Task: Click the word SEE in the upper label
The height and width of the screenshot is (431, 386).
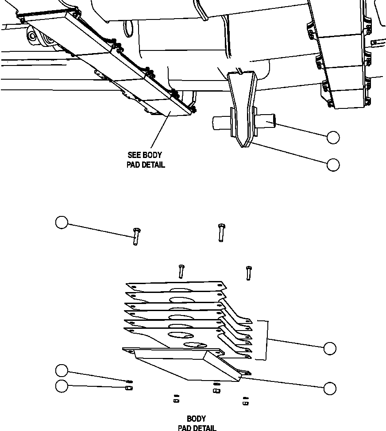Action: [x=133, y=155]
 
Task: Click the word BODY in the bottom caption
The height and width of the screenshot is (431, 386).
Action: [x=196, y=419]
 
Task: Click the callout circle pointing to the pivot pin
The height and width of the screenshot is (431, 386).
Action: [x=333, y=138]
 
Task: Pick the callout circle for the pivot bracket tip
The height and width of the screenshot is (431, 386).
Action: [x=333, y=165]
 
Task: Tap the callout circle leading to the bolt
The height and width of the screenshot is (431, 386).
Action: [x=62, y=222]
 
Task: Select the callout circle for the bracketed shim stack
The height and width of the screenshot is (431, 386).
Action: [x=330, y=348]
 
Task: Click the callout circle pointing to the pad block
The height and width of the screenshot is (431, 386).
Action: [x=330, y=389]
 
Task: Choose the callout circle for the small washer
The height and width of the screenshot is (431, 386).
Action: [x=62, y=370]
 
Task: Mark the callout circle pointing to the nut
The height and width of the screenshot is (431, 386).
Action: [x=62, y=386]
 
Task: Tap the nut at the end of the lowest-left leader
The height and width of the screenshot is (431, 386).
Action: [x=129, y=388]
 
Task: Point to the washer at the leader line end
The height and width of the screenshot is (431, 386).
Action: [x=130, y=381]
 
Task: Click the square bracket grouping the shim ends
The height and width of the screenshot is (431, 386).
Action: [x=267, y=339]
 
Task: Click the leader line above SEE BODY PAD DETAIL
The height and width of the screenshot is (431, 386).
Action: [x=159, y=132]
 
